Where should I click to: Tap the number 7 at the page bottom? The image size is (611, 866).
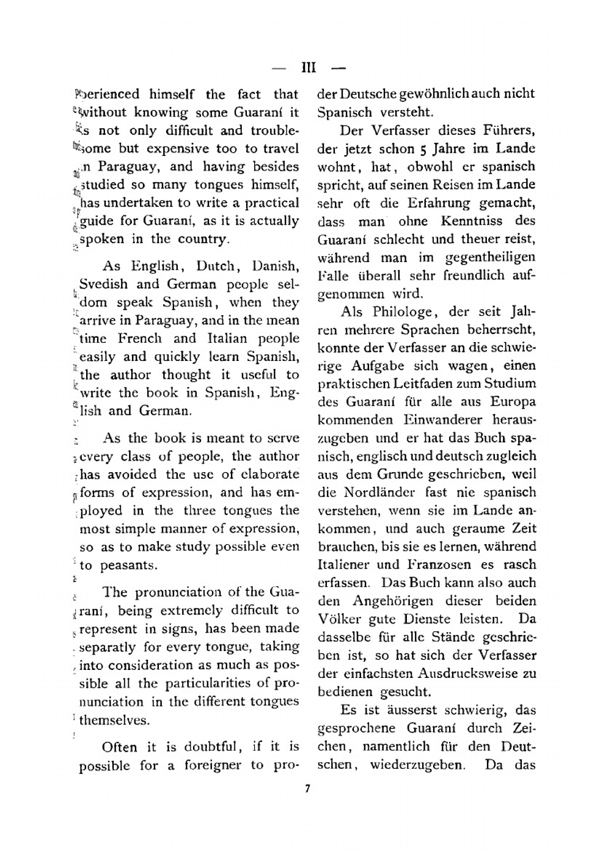[307, 789]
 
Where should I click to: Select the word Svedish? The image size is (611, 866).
[103, 285]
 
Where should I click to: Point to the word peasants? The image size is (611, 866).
[128, 566]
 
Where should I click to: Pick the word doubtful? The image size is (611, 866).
[211, 747]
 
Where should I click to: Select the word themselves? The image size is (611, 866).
[114, 721]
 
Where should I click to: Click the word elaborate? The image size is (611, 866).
[269, 475]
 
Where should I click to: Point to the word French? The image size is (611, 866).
[139, 339]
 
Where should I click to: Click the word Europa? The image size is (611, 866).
[513, 402]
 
